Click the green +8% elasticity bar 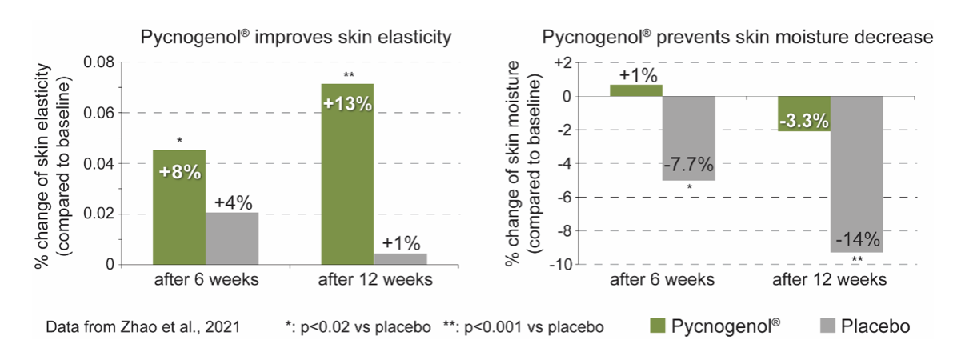point(178,206)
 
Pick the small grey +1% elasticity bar point(399,258)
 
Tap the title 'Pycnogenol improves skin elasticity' point(297,37)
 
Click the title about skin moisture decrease point(738,37)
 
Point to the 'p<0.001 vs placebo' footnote point(523,327)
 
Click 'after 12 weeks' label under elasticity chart point(374,280)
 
